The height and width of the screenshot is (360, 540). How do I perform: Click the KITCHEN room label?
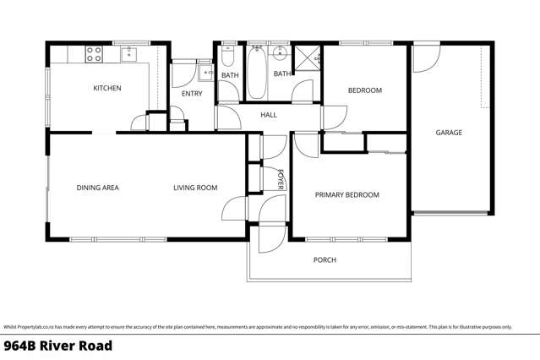tap(107, 88)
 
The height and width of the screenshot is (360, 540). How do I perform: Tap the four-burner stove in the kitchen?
tap(94, 54)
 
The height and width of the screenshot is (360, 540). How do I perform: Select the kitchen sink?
tap(129, 54)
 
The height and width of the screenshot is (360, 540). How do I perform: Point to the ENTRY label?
tap(192, 94)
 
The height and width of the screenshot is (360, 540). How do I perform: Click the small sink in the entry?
tap(205, 73)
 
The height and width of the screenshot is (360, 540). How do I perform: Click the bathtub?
tap(256, 62)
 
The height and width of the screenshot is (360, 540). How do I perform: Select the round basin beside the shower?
tap(283, 56)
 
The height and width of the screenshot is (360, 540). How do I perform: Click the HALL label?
tap(269, 115)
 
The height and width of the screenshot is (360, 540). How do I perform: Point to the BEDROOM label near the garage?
tap(365, 90)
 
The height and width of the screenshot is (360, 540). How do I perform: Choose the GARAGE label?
tap(449, 133)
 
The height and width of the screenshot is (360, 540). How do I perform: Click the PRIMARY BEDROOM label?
tap(346, 195)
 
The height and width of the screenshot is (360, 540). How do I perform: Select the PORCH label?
tap(325, 260)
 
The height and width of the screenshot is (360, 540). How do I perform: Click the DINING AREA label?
tap(97, 188)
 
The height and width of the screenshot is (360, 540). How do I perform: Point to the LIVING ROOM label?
tap(195, 188)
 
